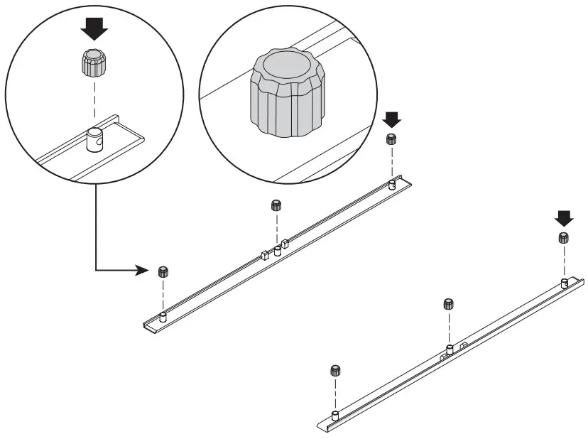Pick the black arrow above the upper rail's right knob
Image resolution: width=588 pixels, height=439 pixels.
(391, 117)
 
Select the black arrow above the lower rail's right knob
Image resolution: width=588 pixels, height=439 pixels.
(565, 217)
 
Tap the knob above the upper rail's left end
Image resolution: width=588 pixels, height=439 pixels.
(163, 271)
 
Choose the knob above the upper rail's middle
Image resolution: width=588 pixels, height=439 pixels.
(276, 206)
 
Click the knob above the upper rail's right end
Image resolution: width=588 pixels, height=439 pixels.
(391, 139)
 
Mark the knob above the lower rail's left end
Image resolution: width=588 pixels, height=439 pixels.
(335, 370)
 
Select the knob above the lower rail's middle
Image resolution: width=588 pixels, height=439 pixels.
(449, 304)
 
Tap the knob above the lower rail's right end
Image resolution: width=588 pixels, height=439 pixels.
(564, 238)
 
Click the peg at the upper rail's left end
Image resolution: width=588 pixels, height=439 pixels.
(163, 317)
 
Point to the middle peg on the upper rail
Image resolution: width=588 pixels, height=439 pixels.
(277, 251)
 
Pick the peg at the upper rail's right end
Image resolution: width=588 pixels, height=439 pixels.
(391, 185)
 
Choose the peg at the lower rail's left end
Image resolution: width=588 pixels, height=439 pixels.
(335, 415)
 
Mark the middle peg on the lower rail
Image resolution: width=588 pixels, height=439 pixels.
(450, 349)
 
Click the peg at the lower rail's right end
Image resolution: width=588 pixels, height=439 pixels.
(564, 283)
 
